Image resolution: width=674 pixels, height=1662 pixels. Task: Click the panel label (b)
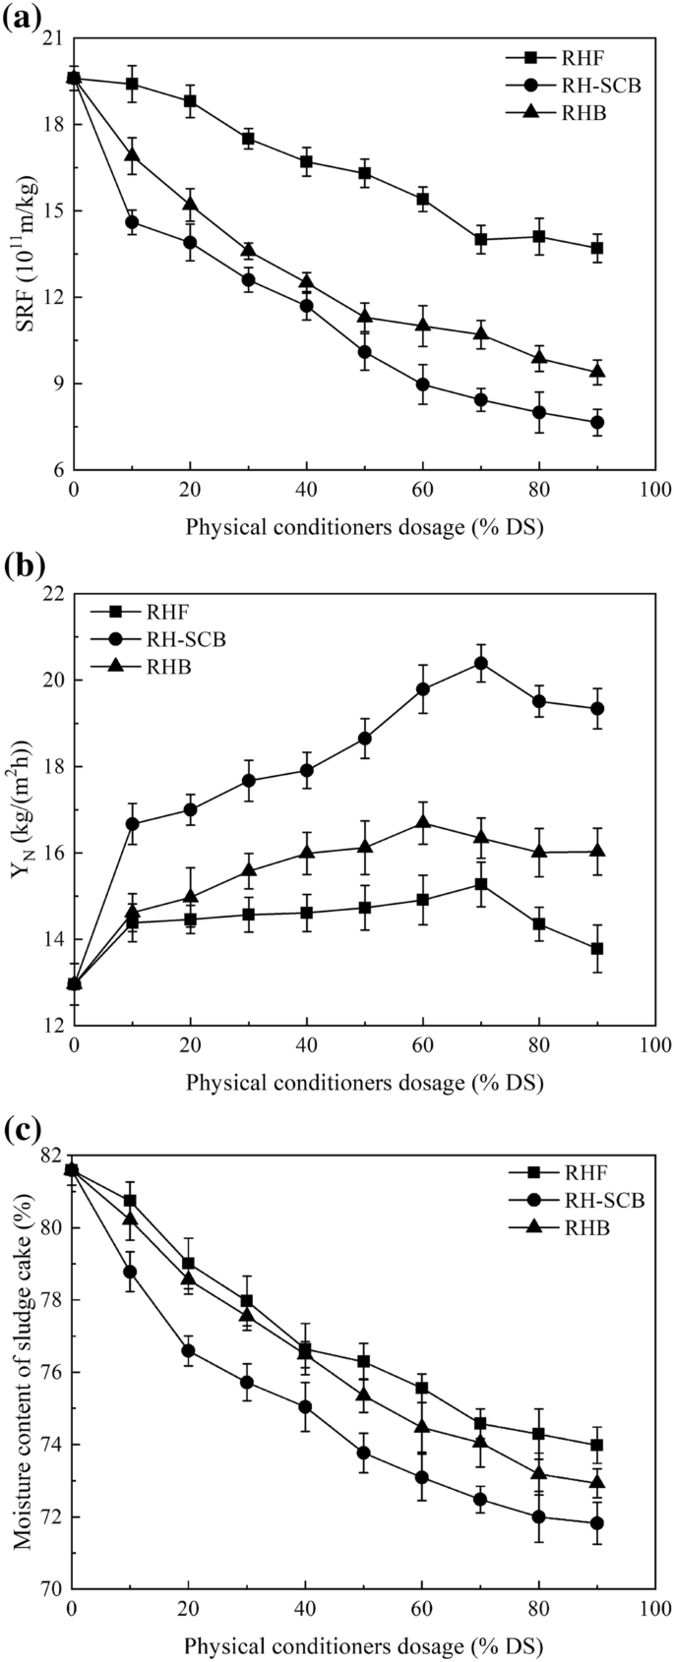click(21, 567)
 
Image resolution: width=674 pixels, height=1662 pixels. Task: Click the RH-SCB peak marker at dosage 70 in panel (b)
click(481, 663)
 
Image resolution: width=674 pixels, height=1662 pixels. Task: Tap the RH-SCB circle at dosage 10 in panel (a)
click(132, 222)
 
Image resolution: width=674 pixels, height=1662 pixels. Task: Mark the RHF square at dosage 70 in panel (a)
click(481, 239)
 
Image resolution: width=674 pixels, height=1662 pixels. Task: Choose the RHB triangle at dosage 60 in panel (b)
click(423, 821)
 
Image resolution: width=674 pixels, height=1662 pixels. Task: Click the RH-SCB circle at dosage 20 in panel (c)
click(189, 1350)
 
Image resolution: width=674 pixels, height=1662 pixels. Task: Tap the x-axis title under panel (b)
click(364, 1083)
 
